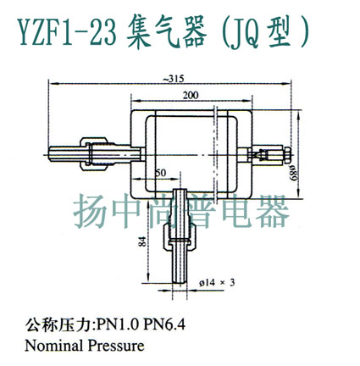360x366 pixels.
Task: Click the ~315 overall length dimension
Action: (174, 79)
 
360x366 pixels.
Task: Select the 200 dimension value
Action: (191, 95)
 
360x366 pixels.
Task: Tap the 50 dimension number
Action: (160, 173)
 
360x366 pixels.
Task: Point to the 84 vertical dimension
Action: (143, 241)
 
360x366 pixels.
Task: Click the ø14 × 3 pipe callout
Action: (217, 282)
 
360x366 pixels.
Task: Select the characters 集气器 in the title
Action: (167, 33)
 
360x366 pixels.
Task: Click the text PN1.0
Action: (118, 325)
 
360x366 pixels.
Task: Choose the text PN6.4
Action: (164, 325)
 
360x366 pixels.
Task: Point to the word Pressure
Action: (116, 346)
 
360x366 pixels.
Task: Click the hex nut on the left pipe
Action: (94, 154)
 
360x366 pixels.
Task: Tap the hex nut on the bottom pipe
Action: (180, 235)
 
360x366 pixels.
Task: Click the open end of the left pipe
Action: (49, 154)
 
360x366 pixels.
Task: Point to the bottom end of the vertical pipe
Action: (180, 282)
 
